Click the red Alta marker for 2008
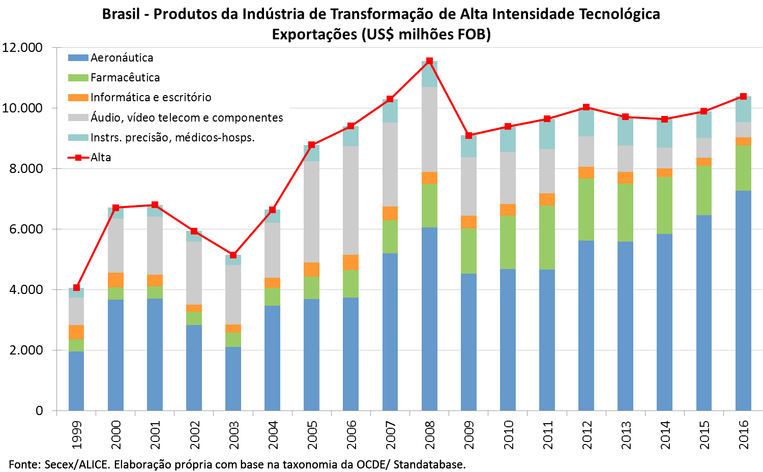(x=429, y=61)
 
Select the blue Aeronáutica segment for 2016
(x=743, y=300)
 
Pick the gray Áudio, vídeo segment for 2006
(x=351, y=200)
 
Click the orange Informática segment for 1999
(x=76, y=332)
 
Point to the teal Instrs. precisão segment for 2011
(x=547, y=134)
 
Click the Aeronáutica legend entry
(x=122, y=57)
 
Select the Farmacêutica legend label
(x=125, y=77)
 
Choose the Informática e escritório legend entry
(x=151, y=97)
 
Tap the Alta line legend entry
(x=100, y=157)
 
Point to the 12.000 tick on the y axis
(x=22, y=48)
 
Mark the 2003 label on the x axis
(x=233, y=435)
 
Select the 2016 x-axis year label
(x=744, y=435)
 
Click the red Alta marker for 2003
(x=233, y=255)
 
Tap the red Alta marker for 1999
(x=76, y=287)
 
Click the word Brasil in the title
(x=121, y=14)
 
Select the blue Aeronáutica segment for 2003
(x=233, y=378)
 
